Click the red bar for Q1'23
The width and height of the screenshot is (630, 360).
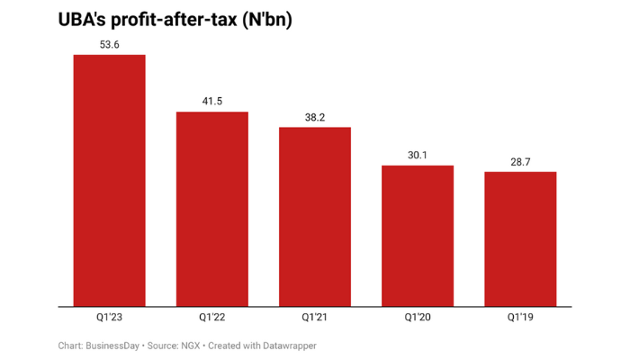109,180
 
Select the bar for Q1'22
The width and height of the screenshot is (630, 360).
211,209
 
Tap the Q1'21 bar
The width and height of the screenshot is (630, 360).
315,216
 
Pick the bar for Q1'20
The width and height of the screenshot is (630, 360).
418,236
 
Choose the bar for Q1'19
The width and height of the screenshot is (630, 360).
520,238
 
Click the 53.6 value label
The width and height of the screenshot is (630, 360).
109,43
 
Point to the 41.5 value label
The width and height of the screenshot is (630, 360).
211,100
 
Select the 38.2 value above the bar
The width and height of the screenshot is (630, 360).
315,115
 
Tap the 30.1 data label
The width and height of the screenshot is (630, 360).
418,154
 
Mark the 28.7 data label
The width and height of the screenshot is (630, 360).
520,160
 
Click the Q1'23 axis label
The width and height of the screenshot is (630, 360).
109,317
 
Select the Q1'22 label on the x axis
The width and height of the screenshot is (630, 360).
211,317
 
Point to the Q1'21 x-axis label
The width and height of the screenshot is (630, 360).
315,317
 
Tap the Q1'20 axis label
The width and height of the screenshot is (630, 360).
418,317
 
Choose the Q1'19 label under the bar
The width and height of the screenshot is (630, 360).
520,317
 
